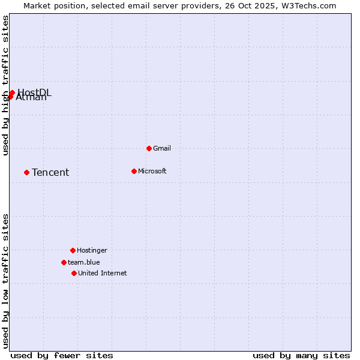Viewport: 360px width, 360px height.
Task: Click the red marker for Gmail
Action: pyautogui.click(x=149, y=148)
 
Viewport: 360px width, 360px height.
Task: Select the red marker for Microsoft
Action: pyautogui.click(x=134, y=171)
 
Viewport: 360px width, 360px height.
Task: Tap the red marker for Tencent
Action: pyautogui.click(x=26, y=172)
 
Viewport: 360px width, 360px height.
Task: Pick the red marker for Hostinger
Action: pyautogui.click(x=73, y=250)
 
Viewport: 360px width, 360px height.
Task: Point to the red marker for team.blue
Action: pyautogui.click(x=64, y=262)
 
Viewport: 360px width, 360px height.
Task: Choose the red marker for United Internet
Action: pyautogui.click(x=74, y=273)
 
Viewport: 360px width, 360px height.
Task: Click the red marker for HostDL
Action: pyautogui.click(x=12, y=92)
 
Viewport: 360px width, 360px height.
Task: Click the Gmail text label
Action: pyautogui.click(x=162, y=148)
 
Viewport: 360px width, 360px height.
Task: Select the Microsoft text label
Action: pyautogui.click(x=152, y=171)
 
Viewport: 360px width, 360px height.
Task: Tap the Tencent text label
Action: pyautogui.click(x=50, y=173)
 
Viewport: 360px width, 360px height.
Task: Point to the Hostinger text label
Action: pyautogui.click(x=92, y=250)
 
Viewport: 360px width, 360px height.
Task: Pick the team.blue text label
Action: pyautogui.click(x=84, y=262)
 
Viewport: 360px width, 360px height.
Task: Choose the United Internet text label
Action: pyautogui.click(x=103, y=273)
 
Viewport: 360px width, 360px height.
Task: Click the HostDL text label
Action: pyautogui.click(x=35, y=92)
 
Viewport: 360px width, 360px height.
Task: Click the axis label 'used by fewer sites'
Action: pyautogui.click(x=62, y=355)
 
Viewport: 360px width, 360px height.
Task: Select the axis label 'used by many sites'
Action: pyautogui.click(x=301, y=355)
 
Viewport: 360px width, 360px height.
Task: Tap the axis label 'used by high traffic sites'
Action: pyautogui.click(x=5, y=85)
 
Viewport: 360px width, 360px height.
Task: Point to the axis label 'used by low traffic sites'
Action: pyautogui.click(x=5, y=281)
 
